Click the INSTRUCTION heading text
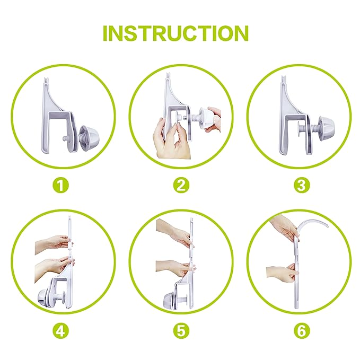[x=175, y=33]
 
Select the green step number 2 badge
[x=181, y=185]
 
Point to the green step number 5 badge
[x=181, y=331]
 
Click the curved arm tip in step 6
[x=327, y=226]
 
